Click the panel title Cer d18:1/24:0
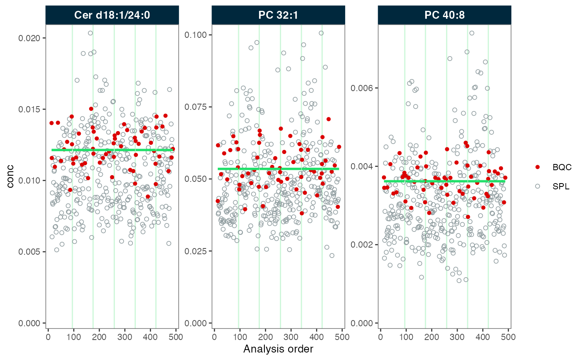[x=112, y=15]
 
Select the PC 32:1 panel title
[x=278, y=15]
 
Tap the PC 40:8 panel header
[x=444, y=15]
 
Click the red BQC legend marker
[x=538, y=167]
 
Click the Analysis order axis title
[x=278, y=349]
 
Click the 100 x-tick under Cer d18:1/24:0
[x=73, y=335]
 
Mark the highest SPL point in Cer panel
[x=90, y=33]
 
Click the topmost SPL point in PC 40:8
[x=472, y=33]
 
